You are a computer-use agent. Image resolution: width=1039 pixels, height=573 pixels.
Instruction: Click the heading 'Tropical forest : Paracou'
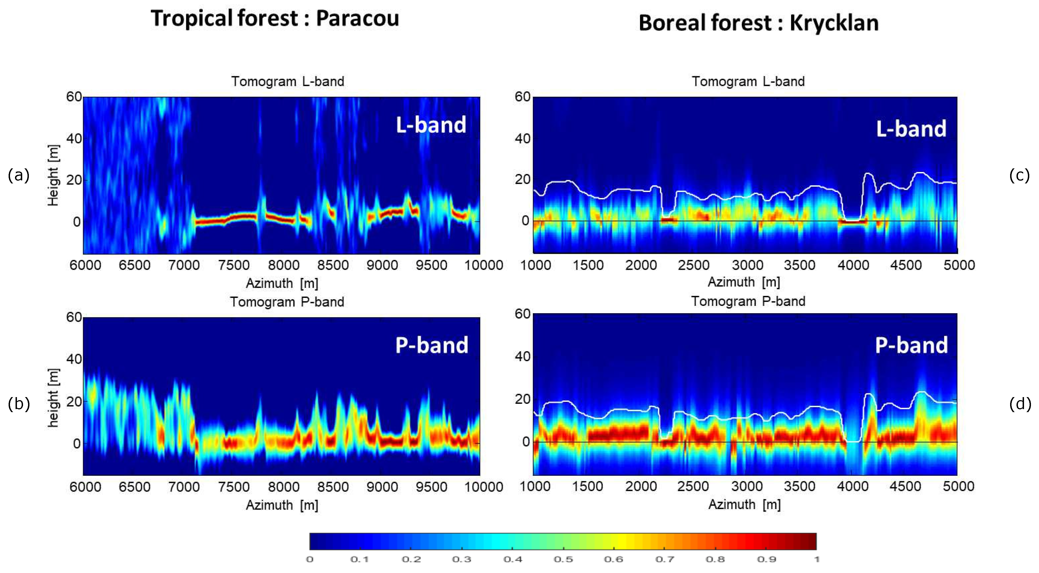click(275, 19)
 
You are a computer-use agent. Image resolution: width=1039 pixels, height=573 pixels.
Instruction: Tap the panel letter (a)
click(19, 175)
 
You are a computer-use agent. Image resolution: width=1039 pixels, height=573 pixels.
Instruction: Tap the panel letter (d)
click(1020, 403)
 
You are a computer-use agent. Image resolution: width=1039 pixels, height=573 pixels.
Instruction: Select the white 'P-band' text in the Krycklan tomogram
click(911, 345)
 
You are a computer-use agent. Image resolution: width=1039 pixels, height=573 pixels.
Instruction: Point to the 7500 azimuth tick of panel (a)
click(234, 265)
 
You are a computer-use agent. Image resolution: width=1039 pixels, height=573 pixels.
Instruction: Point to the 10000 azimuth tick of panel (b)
click(483, 487)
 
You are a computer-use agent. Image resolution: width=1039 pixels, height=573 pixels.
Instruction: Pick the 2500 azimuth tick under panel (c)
click(693, 265)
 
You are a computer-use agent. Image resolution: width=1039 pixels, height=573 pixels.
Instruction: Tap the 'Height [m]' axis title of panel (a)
click(53, 175)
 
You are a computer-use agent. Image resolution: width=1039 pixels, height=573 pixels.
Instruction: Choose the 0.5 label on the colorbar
click(563, 559)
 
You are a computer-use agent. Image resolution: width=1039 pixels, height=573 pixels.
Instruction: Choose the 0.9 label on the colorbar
click(766, 559)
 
